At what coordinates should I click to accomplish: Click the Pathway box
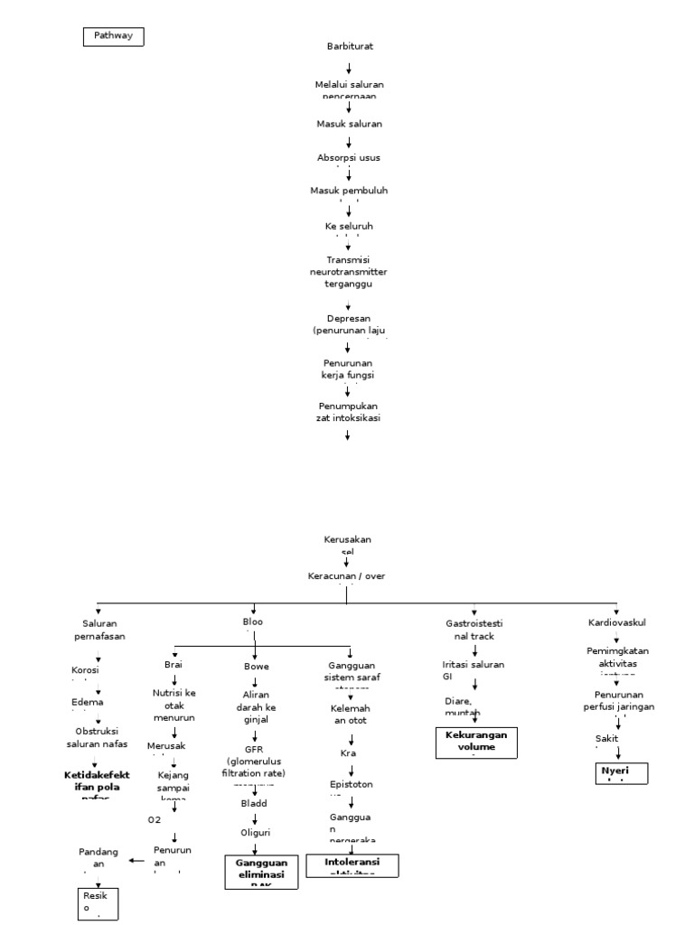[114, 36]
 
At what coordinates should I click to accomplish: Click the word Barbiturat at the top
[350, 45]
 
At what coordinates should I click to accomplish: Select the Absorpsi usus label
[348, 157]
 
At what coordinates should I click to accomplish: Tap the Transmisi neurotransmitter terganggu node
[348, 271]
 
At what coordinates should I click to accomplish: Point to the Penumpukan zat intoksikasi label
[348, 411]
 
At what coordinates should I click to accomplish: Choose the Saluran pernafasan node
[99, 629]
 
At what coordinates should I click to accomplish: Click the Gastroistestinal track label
[474, 629]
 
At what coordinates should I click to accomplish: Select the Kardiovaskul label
[617, 622]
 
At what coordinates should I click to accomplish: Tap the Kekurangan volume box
[476, 741]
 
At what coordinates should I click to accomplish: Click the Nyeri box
[621, 772]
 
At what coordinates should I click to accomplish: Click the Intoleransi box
[352, 864]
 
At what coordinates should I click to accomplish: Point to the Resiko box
[97, 902]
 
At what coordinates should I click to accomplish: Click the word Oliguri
[256, 832]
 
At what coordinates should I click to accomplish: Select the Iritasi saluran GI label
[474, 669]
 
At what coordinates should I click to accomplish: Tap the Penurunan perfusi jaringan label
[619, 700]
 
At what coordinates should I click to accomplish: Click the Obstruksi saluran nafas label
[97, 737]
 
